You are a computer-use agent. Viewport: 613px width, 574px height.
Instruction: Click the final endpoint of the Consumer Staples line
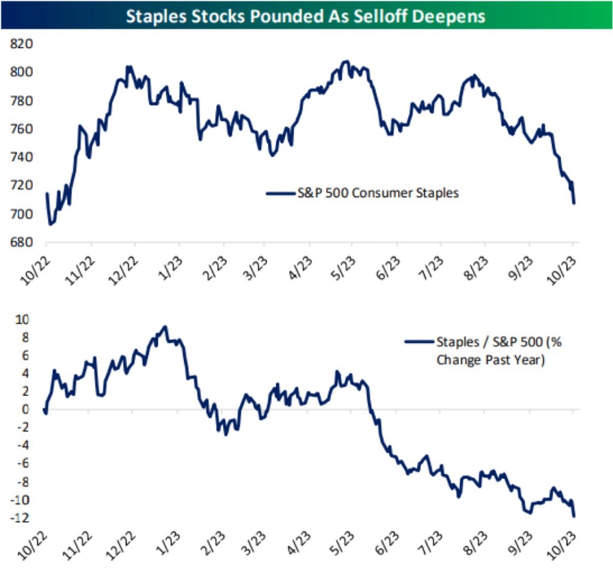pyautogui.click(x=574, y=204)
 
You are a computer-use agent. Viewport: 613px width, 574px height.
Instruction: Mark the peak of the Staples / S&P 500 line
pyautogui.click(x=166, y=327)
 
